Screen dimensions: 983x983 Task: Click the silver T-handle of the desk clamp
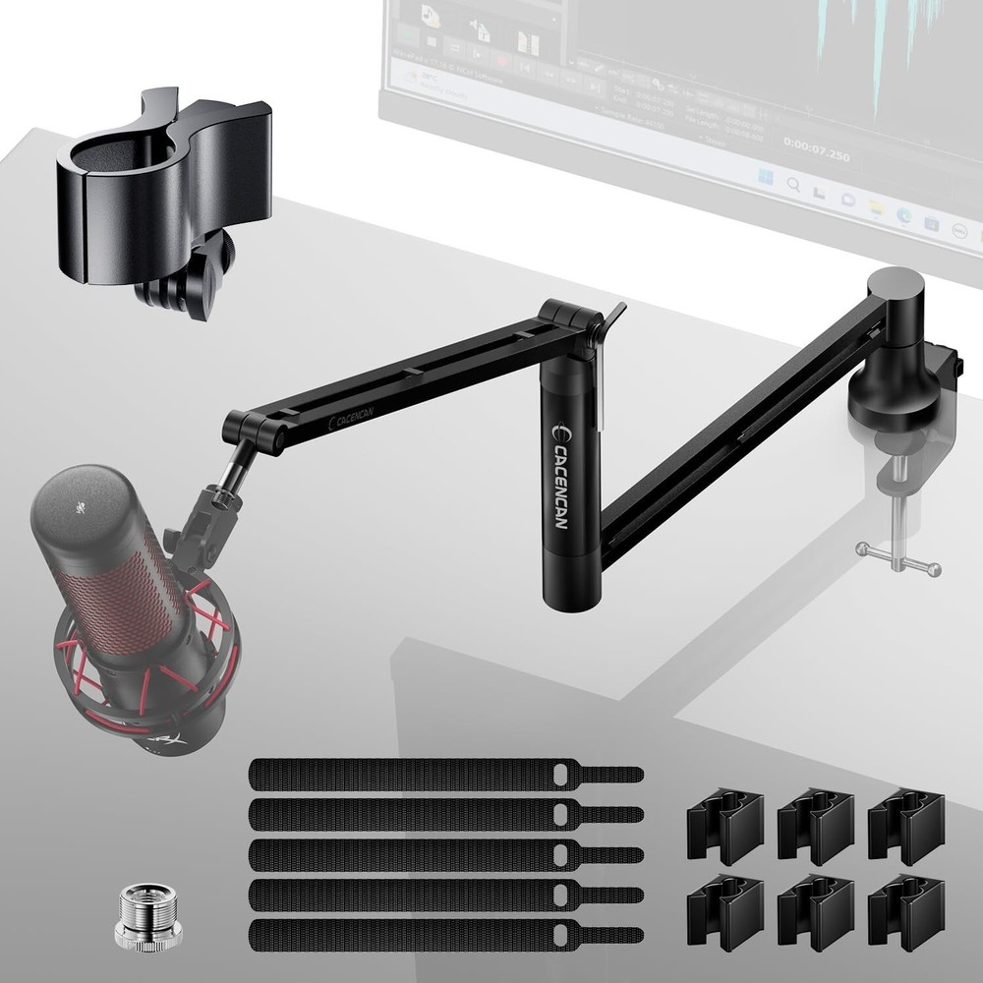pyautogui.click(x=896, y=561)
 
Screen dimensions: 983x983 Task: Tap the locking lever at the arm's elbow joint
pyautogui.click(x=610, y=319)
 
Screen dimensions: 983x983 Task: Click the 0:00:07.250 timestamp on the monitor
pyautogui.click(x=815, y=155)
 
